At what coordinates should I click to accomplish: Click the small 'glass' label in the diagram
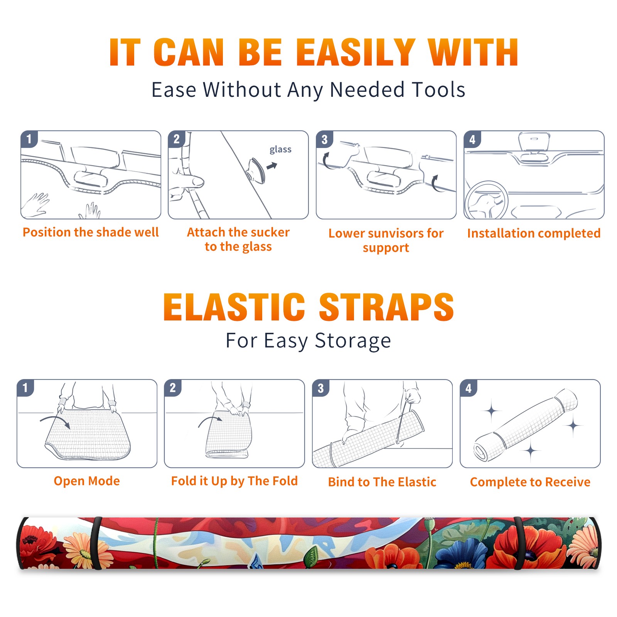[x=280, y=150]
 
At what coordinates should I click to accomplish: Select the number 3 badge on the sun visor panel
[x=324, y=140]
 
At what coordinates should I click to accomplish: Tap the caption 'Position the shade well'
[x=91, y=232]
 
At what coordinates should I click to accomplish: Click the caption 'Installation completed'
[x=534, y=233]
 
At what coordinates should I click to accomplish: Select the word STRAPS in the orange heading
[x=386, y=307]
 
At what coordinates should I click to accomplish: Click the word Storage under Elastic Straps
[x=353, y=341]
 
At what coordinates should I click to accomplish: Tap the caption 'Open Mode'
[x=87, y=481]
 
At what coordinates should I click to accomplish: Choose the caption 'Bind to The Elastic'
[x=382, y=482]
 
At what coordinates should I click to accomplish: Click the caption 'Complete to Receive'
[x=530, y=482]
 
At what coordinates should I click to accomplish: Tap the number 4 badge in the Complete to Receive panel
[x=469, y=388]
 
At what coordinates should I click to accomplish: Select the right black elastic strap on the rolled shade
[x=520, y=543]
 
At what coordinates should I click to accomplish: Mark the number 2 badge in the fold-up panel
[x=172, y=388]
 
